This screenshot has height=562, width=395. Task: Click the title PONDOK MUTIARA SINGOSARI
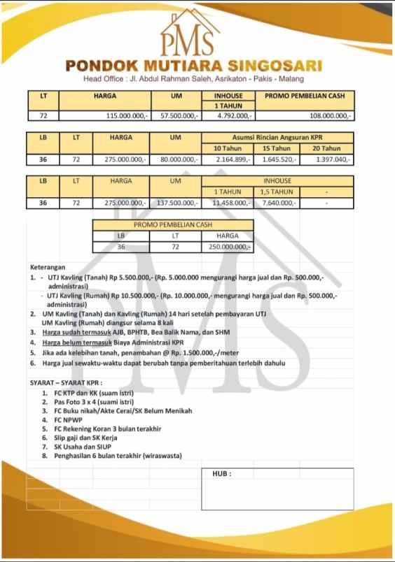point(193,66)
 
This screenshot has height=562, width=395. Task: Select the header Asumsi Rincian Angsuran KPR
point(277,138)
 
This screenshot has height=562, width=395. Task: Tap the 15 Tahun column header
point(277,148)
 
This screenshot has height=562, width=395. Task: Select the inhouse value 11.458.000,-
point(231,203)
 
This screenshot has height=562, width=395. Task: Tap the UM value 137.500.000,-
point(179,203)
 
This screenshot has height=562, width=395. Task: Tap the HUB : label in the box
point(221,473)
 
